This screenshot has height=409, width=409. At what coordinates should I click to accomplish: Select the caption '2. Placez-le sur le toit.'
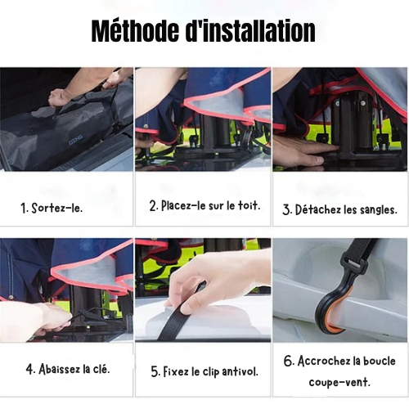pos(204,205)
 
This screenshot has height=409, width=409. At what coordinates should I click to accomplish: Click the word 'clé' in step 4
pos(98,368)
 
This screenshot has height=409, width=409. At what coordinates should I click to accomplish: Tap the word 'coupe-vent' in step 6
pos(339,382)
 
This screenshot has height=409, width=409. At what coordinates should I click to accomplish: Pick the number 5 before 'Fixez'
pos(154,371)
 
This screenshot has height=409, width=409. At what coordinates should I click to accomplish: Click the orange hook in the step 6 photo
pos(327,303)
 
